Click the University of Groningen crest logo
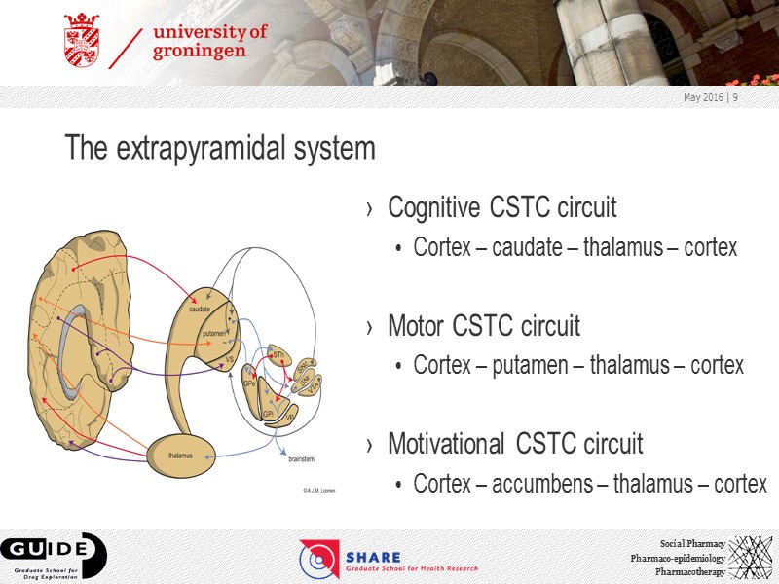click(x=82, y=41)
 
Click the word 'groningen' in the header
click(x=200, y=53)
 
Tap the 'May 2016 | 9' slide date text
click(x=710, y=97)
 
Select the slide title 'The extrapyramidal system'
click(x=219, y=149)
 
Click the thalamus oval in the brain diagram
click(x=181, y=455)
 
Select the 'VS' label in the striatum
click(x=230, y=359)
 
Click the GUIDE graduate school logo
click(x=54, y=556)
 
